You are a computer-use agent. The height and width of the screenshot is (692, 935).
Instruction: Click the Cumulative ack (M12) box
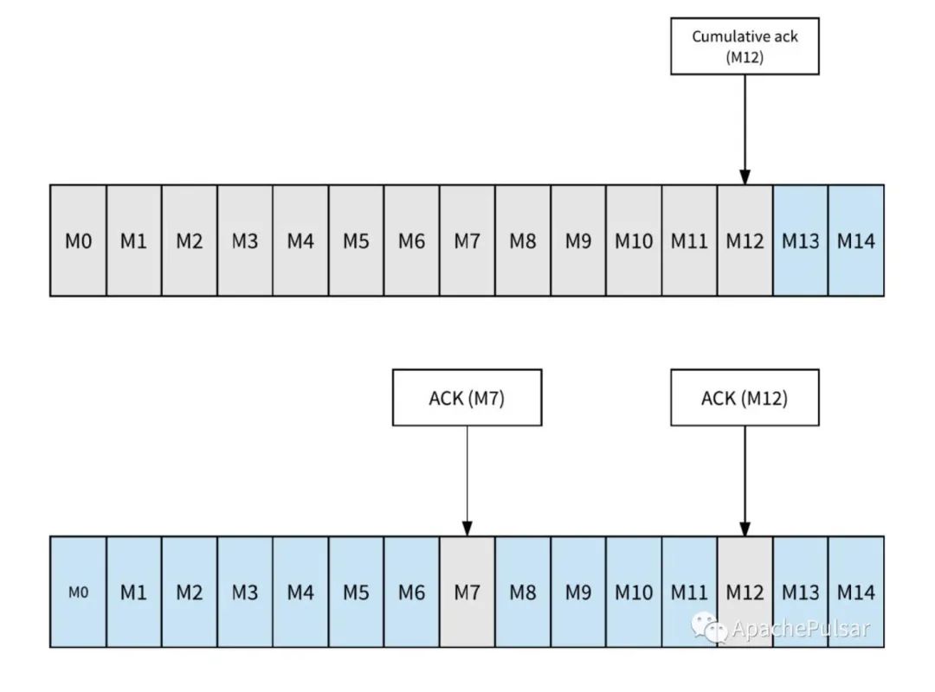pyautogui.click(x=745, y=46)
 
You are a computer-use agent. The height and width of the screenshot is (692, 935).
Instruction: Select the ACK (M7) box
pyautogui.click(x=467, y=398)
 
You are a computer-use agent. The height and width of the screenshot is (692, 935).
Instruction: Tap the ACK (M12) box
pyautogui.click(x=745, y=398)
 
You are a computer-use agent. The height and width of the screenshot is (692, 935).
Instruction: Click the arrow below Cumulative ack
pyautogui.click(x=745, y=130)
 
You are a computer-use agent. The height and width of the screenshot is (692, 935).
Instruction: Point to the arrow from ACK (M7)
pyautogui.click(x=467, y=481)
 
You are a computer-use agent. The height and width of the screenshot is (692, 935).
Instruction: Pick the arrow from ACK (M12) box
pyautogui.click(x=745, y=481)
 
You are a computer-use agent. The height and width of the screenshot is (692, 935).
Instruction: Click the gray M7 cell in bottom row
pyautogui.click(x=467, y=592)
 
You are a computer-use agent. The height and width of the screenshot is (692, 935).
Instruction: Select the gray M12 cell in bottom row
pyautogui.click(x=745, y=592)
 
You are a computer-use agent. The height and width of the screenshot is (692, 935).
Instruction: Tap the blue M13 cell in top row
pyautogui.click(x=800, y=240)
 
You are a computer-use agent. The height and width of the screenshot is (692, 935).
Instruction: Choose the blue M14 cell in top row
pyautogui.click(x=856, y=240)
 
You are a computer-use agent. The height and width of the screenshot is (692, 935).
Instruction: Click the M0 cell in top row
pyautogui.click(x=78, y=240)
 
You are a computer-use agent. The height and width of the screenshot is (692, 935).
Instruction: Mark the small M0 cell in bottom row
pyautogui.click(x=78, y=592)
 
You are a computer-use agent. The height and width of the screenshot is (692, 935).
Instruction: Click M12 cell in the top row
pyautogui.click(x=745, y=240)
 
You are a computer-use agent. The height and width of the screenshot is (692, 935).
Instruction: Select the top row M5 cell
pyautogui.click(x=356, y=240)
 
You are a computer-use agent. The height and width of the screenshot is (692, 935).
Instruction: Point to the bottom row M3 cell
pyautogui.click(x=244, y=592)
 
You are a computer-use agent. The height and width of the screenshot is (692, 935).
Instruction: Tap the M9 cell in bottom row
pyautogui.click(x=578, y=592)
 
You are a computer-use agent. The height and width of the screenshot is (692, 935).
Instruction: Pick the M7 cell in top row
pyautogui.click(x=467, y=240)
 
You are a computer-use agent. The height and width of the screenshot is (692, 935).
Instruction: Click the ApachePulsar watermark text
pyautogui.click(x=801, y=629)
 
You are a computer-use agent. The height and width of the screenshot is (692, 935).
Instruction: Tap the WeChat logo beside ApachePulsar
pyautogui.click(x=708, y=628)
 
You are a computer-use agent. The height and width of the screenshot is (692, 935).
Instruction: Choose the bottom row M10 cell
pyautogui.click(x=634, y=592)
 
